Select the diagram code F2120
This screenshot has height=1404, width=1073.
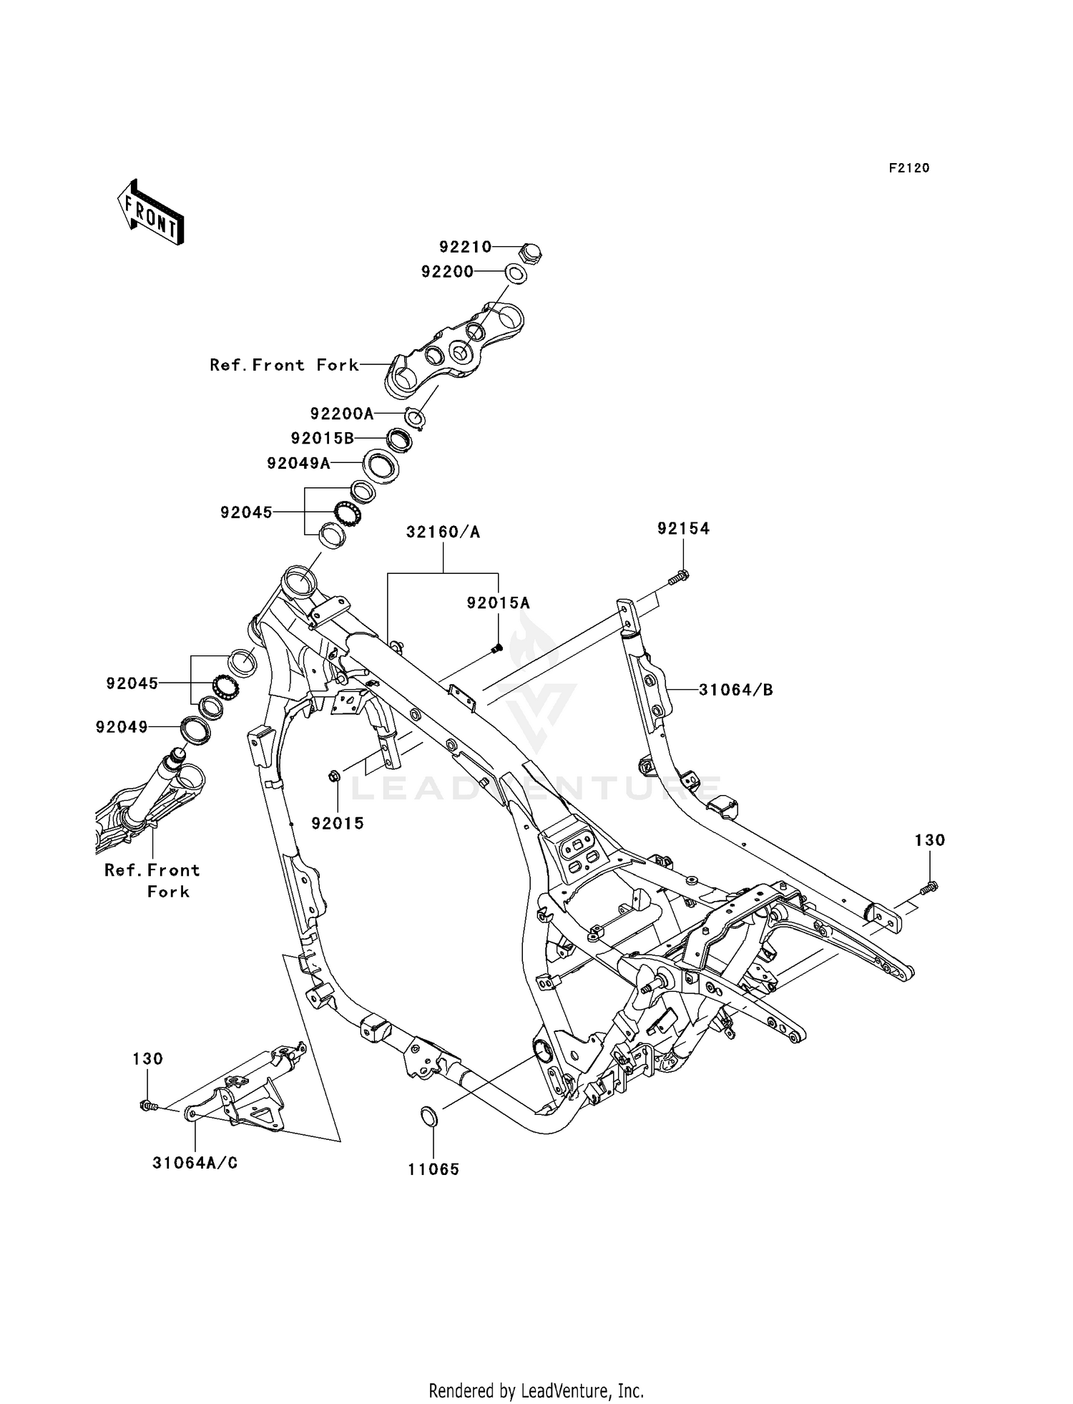coord(909,168)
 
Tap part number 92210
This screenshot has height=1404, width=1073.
coord(466,247)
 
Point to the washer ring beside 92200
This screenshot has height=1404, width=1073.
coord(516,273)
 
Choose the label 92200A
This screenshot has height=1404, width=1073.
coord(342,414)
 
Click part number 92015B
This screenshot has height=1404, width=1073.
coord(323,438)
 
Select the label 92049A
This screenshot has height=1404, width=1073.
coord(299,464)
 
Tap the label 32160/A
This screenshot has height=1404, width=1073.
coord(443,532)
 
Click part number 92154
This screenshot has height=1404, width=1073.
coord(684,528)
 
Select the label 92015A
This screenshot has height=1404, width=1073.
coord(499,603)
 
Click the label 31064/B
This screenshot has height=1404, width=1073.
coord(736,690)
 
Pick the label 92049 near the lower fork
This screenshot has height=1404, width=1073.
coord(122,727)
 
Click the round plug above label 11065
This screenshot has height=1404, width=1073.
coord(428,1116)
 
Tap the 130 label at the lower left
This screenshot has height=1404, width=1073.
coord(148,1058)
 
